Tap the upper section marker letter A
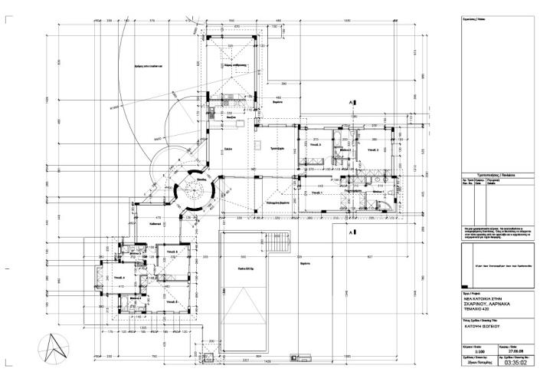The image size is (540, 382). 350,102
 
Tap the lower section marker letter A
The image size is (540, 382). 350,231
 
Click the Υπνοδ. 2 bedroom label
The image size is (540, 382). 373,150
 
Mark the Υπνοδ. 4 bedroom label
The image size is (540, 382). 119,277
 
